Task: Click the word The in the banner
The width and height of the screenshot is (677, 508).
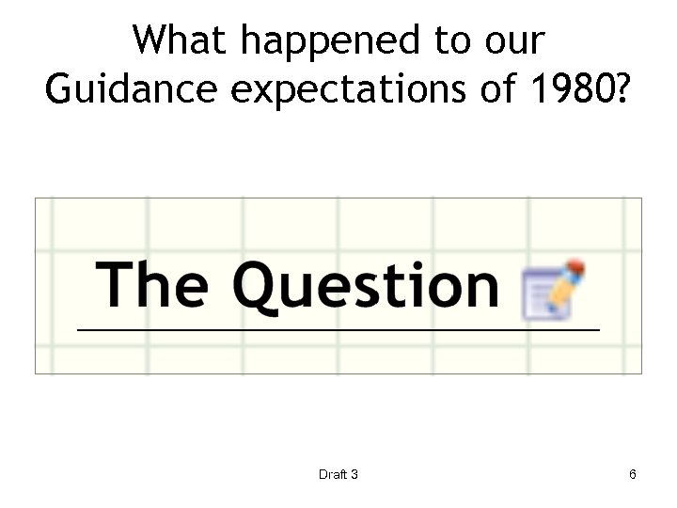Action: pos(151,284)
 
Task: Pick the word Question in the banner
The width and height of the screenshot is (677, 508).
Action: pos(366,286)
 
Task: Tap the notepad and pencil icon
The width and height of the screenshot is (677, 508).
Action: pos(554,290)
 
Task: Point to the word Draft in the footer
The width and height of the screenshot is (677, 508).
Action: pos(331,474)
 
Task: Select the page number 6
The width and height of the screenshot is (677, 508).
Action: pos(633,474)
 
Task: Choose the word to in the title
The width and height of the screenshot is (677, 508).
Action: pos(446,41)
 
